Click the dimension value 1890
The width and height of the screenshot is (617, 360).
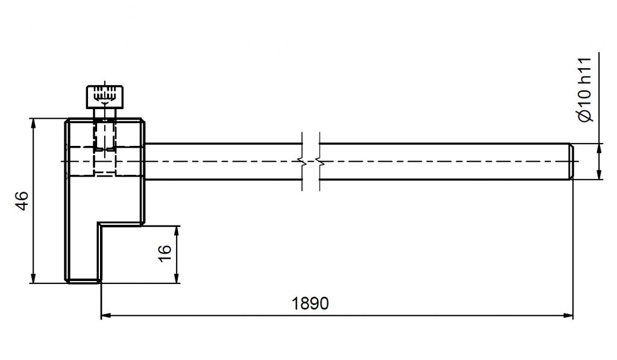[x=310, y=304]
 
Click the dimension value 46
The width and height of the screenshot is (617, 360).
[x=22, y=201]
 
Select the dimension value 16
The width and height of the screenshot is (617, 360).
[x=165, y=253]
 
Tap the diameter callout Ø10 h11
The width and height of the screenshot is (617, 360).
[x=585, y=90]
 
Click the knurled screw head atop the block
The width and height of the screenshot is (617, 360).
[x=105, y=97]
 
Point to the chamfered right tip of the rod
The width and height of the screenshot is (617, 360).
[x=571, y=162]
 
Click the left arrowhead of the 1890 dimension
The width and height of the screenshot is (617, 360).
[x=106, y=315]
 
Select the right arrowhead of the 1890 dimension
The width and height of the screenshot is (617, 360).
[x=568, y=315]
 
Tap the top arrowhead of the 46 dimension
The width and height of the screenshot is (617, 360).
[x=33, y=124]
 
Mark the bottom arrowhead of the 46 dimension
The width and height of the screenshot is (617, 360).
[x=33, y=277]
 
